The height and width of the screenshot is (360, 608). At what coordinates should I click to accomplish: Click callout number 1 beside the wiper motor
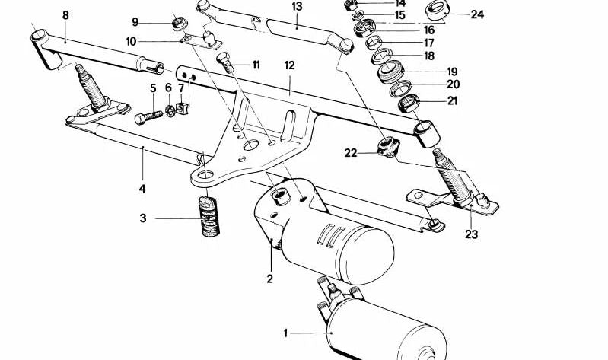click(x=286, y=333)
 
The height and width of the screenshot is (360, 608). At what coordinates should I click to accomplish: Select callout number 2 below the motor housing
click(x=269, y=279)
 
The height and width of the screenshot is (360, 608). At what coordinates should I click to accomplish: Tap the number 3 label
click(x=142, y=219)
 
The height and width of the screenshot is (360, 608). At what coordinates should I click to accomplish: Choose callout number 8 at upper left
click(x=65, y=15)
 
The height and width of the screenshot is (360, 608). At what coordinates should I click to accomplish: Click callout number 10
click(x=131, y=41)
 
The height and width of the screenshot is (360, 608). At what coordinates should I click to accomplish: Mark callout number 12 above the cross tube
click(x=289, y=66)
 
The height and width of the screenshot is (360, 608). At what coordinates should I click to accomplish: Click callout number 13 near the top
click(x=297, y=6)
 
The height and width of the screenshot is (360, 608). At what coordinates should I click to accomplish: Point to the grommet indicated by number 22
click(x=386, y=145)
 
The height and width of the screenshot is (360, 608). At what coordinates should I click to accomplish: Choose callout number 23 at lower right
click(x=471, y=234)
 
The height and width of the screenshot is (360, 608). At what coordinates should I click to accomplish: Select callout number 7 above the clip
click(x=181, y=88)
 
